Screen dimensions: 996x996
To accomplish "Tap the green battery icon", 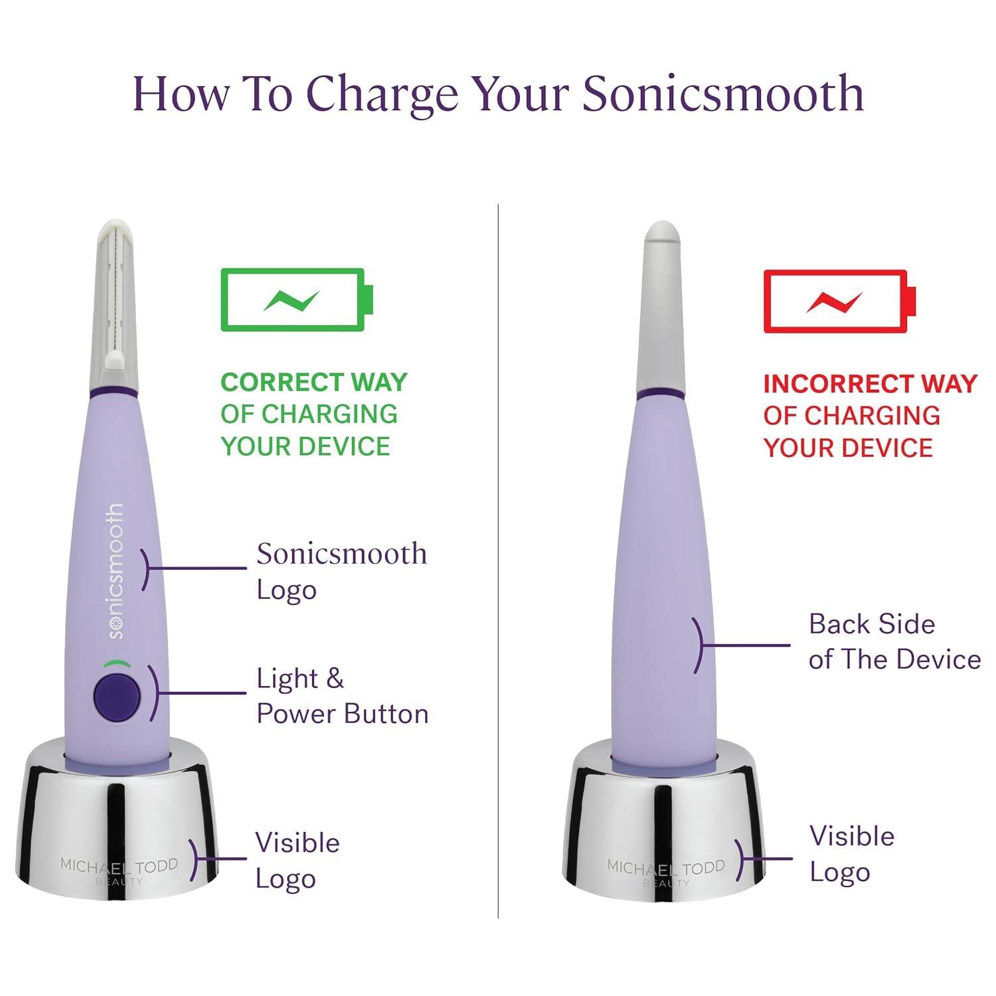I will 297,299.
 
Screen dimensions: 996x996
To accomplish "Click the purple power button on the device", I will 118,697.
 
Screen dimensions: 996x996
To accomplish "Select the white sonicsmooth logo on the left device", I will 116,571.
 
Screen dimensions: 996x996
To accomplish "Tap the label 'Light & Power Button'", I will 341,696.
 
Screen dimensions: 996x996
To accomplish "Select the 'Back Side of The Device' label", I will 893,641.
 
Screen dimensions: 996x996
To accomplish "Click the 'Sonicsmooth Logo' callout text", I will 341,571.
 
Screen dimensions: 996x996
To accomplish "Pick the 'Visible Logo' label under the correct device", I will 297,861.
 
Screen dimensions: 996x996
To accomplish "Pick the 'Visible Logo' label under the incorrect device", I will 851,854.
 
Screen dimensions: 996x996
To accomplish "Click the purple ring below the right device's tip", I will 660,396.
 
